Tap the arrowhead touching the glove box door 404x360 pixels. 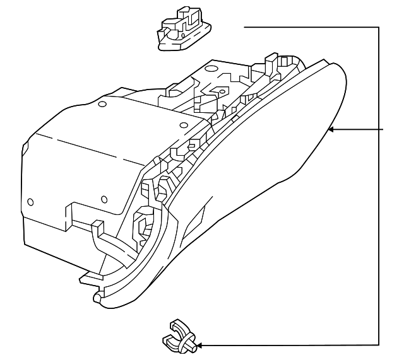click(x=332, y=129)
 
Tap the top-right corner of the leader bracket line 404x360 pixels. click(x=379, y=27)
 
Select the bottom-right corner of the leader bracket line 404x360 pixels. click(x=379, y=345)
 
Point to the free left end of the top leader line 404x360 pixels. click(x=245, y=27)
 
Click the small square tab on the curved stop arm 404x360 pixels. click(x=97, y=226)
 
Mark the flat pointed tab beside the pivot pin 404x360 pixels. click(x=86, y=278)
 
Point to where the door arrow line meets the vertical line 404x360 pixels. click(x=379, y=129)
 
